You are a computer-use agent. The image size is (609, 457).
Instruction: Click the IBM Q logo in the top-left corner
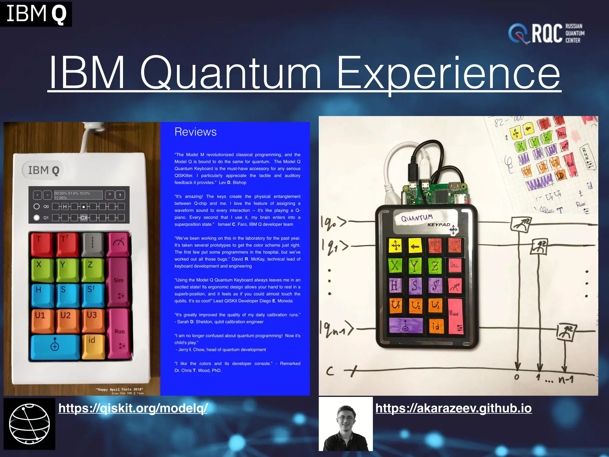pyautogui.click(x=36, y=14)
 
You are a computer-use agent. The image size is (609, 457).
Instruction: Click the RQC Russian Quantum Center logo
pyautogui.click(x=547, y=33)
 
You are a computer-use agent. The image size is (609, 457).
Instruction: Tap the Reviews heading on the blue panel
pyautogui.click(x=195, y=132)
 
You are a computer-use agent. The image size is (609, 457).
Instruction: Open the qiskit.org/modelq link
pyautogui.click(x=133, y=408)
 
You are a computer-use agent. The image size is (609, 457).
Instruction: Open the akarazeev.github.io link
pyautogui.click(x=453, y=408)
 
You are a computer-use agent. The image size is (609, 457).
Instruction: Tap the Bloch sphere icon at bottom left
pyautogui.click(x=29, y=424)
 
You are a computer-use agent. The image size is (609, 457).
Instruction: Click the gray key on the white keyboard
pyautogui.click(x=92, y=244)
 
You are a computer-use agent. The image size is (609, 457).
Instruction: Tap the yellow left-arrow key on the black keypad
pyautogui.click(x=415, y=246)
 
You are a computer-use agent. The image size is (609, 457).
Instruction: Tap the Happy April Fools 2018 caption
pyautogui.click(x=120, y=389)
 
